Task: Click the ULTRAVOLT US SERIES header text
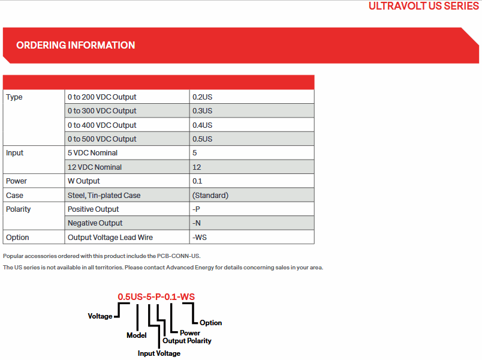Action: pyautogui.click(x=424, y=6)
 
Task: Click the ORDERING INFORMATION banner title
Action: pyautogui.click(x=76, y=45)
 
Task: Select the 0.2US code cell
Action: pyautogui.click(x=202, y=97)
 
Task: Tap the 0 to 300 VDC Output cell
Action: pyautogui.click(x=102, y=111)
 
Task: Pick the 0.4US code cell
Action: pyautogui.click(x=202, y=125)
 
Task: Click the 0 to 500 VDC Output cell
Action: pyautogui.click(x=102, y=139)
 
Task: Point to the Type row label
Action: pyautogui.click(x=14, y=97)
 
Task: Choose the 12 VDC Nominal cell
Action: pyautogui.click(x=95, y=167)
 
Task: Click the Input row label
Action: pyautogui.click(x=15, y=153)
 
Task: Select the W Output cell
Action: pyautogui.click(x=84, y=181)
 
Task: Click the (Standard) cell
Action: pyautogui.click(x=210, y=195)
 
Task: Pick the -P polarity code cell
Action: pyautogui.click(x=196, y=209)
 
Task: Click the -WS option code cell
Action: pyautogui.click(x=199, y=238)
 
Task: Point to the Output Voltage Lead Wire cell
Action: pyautogui.click(x=110, y=238)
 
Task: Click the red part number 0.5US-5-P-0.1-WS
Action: pyautogui.click(x=156, y=297)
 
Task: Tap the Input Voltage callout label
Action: pyautogui.click(x=159, y=353)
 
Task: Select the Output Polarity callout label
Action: pyautogui.click(x=187, y=341)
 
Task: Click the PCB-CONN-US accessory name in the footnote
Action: pyautogui.click(x=179, y=256)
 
